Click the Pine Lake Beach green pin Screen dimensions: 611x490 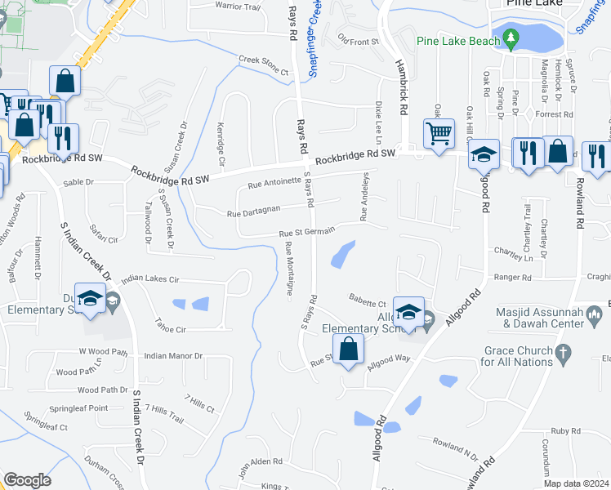(x=511, y=38)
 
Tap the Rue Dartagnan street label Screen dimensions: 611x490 (x=253, y=212)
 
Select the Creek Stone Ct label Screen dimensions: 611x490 (x=264, y=65)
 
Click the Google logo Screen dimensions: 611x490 (x=27, y=479)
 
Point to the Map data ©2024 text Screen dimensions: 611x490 (x=576, y=483)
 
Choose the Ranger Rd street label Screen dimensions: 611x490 (x=512, y=278)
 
